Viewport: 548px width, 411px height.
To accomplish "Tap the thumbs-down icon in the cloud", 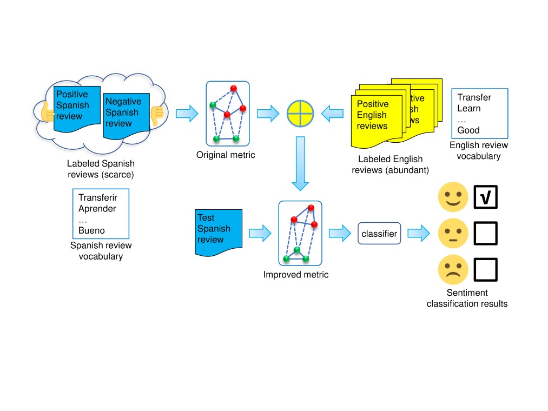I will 157,115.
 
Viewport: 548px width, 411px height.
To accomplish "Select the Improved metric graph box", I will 300,234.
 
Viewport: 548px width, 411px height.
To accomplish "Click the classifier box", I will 379,234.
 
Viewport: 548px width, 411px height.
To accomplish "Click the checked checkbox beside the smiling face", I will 485,197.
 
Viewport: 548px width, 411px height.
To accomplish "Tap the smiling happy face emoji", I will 452,197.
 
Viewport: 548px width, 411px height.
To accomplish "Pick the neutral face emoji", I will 452,233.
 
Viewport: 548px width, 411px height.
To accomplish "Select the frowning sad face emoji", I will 452,269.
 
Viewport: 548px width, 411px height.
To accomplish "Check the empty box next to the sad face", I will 485,269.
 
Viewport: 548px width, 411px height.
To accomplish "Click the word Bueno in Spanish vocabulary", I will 91,230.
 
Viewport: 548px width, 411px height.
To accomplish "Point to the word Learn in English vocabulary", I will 468,108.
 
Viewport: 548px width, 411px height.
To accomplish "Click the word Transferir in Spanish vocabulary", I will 97,197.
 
